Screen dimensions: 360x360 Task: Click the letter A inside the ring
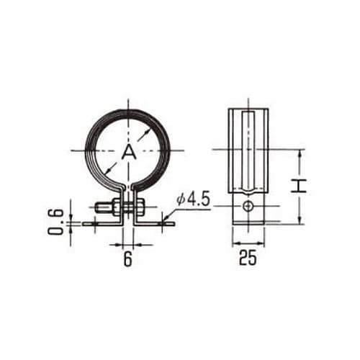129,153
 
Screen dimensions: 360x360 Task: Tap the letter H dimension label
299,186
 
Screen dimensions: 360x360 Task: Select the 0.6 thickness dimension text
55,222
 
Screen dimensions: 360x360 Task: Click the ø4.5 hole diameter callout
194,199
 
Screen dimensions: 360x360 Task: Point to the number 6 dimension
128,259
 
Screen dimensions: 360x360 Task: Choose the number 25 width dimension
248,258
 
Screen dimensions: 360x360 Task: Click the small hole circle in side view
248,206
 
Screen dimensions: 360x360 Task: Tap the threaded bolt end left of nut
101,207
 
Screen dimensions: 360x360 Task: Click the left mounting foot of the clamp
103,224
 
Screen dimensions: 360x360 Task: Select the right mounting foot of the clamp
153,224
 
